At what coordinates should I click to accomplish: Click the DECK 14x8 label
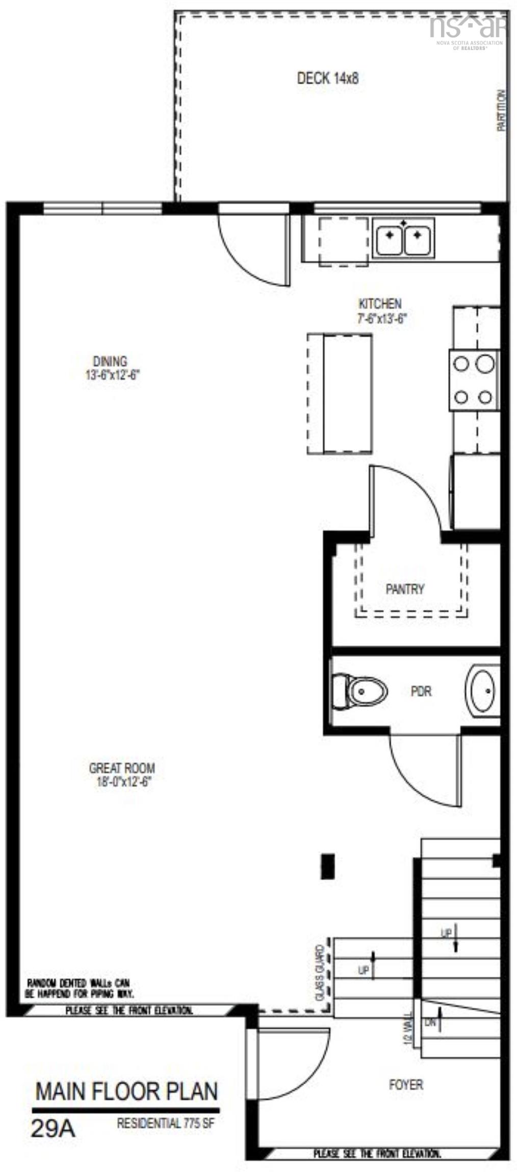coord(327,78)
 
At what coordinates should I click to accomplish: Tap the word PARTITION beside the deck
coord(502,110)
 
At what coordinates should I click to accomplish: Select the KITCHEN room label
coord(380,304)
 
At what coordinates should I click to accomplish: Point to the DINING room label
coord(110,361)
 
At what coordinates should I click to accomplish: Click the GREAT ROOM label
coord(122,768)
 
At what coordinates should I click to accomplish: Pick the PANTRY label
coord(405,589)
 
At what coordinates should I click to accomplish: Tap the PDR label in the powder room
coord(421,691)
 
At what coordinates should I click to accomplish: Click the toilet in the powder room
coord(359,692)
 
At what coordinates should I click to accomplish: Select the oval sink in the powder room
coord(481,691)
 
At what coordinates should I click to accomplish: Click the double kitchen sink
coord(403,237)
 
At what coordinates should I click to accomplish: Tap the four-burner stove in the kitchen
coord(473,380)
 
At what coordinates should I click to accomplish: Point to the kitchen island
coord(340,394)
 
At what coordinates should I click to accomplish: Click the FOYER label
coord(406,1084)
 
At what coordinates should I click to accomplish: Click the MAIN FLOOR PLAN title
coord(126,1092)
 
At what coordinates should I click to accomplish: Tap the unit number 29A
coord(53,1128)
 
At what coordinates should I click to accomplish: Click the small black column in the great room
coord(327,867)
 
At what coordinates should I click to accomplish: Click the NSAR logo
coord(468,28)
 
